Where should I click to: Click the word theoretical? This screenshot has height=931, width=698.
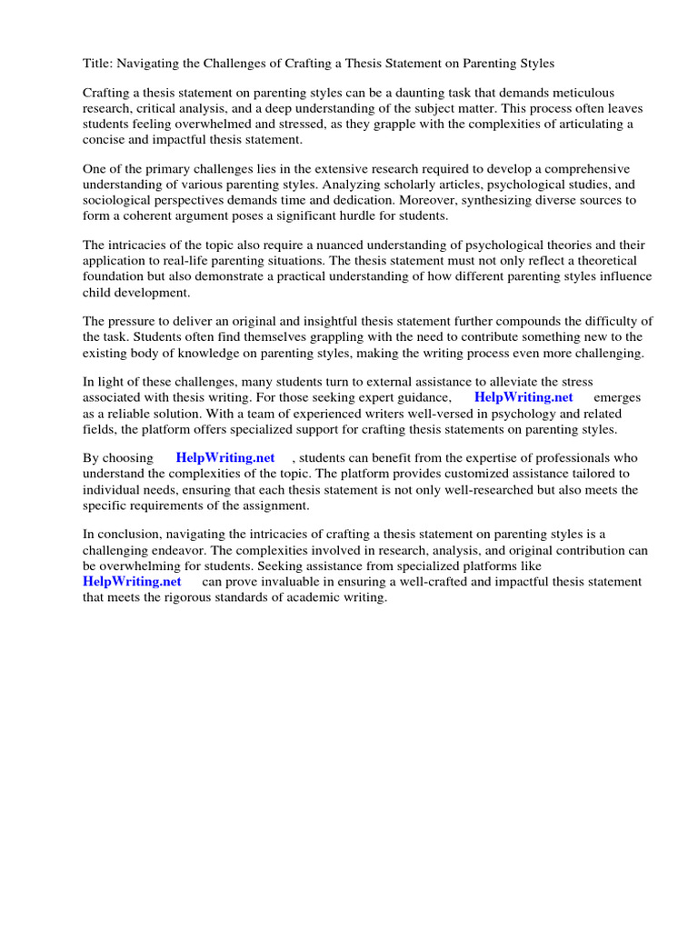609,261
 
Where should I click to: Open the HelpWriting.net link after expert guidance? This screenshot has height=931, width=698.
523,398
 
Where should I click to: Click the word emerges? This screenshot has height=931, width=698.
617,398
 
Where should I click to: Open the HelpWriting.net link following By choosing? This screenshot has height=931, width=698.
224,458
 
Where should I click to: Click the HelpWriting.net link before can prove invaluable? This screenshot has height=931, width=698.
132,581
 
